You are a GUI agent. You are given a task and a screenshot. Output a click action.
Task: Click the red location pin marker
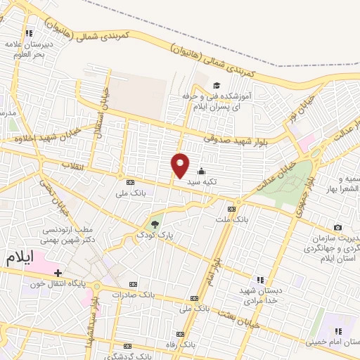point(181,165)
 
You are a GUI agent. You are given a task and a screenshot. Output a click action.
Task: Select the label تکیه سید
point(202,181)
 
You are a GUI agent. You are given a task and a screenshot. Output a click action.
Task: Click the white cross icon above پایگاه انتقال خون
point(58,273)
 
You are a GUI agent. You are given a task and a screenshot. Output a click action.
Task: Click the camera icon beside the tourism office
point(338,227)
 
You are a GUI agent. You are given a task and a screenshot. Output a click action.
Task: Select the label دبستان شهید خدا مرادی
point(261,295)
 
